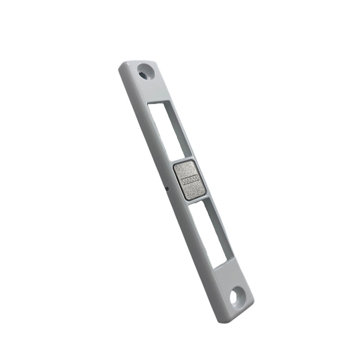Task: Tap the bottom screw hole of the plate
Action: pyautogui.click(x=236, y=297)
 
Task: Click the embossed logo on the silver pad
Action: pyautogui.click(x=190, y=180)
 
